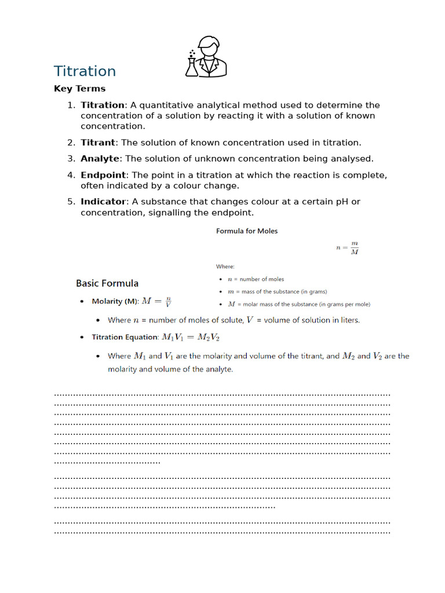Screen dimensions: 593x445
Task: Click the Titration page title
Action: pos(85,71)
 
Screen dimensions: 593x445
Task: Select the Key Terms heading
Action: pos(79,89)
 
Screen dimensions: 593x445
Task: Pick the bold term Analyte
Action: pos(100,159)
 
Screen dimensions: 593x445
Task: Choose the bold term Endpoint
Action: pos(103,175)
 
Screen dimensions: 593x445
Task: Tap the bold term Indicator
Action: pos(103,202)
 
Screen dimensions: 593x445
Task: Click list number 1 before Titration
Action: pos(71,105)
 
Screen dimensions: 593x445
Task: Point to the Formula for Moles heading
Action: pos(247,231)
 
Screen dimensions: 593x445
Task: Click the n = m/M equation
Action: pos(348,248)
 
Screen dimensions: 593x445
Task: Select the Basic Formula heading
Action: pos(107,283)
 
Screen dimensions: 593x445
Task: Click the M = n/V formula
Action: pos(156,301)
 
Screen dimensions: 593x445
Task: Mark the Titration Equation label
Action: pos(125,337)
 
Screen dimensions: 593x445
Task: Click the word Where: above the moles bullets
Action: pos(225,266)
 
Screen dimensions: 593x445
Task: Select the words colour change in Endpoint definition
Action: pos(209,186)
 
